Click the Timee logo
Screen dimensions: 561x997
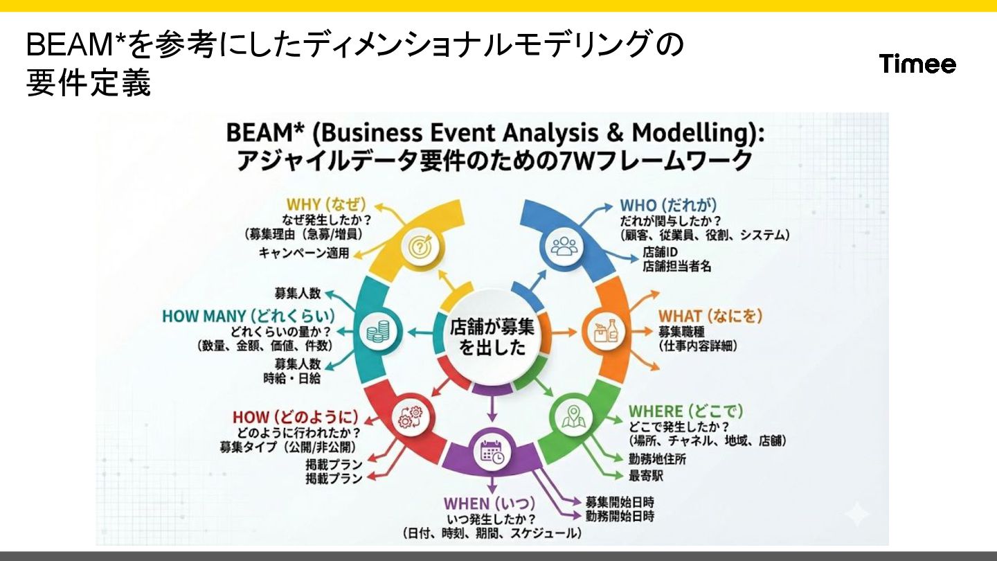pos(917,64)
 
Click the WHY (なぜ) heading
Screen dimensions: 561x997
pos(325,204)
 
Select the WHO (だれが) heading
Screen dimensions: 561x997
pos(667,205)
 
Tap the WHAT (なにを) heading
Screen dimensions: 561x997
pos(710,316)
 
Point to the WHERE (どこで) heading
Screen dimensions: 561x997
pos(685,411)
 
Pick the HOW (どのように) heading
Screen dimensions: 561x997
pos(295,417)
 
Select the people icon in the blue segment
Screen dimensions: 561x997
pos(564,247)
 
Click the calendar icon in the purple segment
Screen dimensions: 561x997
pos(492,452)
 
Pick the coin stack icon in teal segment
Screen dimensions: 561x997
pos(377,332)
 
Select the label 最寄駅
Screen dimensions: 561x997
pos(647,475)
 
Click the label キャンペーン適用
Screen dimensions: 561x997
pos(304,253)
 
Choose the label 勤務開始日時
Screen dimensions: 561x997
pos(620,516)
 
